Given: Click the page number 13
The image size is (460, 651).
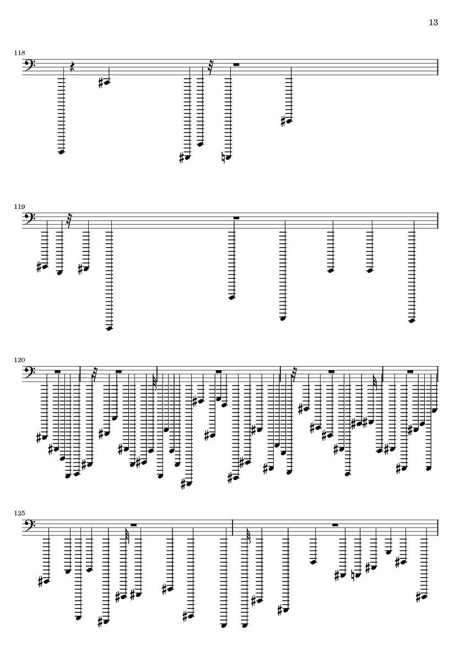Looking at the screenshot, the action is (434, 23).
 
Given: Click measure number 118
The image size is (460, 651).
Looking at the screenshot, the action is (19, 53).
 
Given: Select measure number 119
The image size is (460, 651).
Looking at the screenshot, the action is (19, 207).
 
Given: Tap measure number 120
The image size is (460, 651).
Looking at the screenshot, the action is (19, 360).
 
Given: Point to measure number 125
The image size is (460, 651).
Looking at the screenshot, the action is (19, 514).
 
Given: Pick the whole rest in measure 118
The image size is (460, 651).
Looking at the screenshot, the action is (236, 64).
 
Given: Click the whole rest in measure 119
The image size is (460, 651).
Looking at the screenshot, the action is (236, 218).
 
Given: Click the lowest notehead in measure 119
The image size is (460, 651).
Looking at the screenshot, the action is (110, 329).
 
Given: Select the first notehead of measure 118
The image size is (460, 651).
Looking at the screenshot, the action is (61, 152).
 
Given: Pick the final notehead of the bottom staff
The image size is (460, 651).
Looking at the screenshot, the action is (424, 596).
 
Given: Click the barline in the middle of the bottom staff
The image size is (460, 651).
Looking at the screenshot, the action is (232, 526).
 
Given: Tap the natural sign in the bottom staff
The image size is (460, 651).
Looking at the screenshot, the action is (353, 575).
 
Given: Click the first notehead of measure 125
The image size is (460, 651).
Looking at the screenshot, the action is (46, 580).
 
